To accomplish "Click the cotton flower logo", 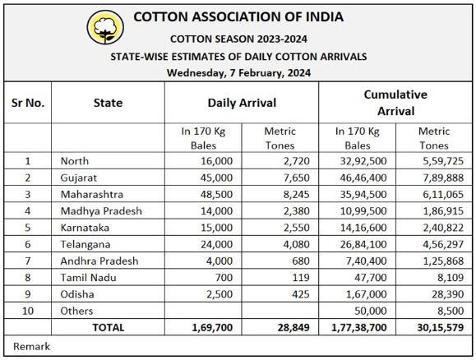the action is tap(105, 27).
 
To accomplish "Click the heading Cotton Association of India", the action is tap(238, 17).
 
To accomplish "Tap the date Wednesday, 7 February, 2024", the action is tap(238, 73).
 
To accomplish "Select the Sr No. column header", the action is tap(28, 103).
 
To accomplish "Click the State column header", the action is tap(108, 103).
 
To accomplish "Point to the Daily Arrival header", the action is tap(242, 103).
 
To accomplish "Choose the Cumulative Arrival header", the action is tap(395, 103).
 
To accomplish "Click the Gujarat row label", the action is tap(79, 178).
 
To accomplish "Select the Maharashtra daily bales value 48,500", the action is tap(216, 194).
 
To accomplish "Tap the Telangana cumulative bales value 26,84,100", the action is tap(363, 244).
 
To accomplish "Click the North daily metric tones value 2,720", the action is tap(297, 161).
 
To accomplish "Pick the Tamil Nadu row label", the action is tap(88, 278).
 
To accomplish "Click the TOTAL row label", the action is tap(109, 327).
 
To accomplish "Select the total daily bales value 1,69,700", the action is tap(212, 327).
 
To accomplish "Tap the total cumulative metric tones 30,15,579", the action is tap(441, 327).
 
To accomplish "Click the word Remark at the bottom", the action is tap(31, 346).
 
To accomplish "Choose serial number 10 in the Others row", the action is tap(28, 311).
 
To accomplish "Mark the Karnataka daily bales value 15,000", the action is tap(216, 228).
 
